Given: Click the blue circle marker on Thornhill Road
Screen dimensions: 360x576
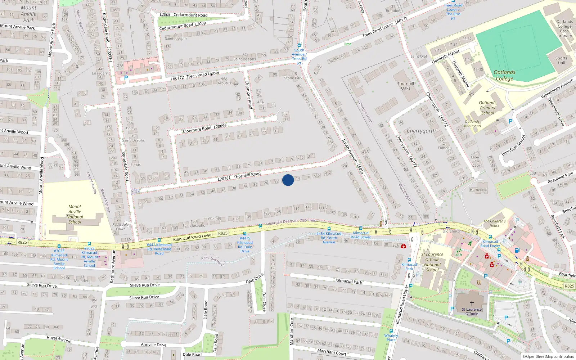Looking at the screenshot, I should pyautogui.click(x=288, y=180).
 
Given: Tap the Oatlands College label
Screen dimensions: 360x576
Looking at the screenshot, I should pyautogui.click(x=504, y=75).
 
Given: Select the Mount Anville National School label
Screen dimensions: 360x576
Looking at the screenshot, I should pyautogui.click(x=75, y=214).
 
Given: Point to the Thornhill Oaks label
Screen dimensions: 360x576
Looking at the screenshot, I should pyautogui.click(x=406, y=86).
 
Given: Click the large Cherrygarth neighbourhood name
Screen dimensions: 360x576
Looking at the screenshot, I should pyautogui.click(x=421, y=131).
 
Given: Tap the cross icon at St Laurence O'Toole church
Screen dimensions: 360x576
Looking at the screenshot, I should pyautogui.click(x=472, y=303).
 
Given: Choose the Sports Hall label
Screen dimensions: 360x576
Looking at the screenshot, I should pyautogui.click(x=561, y=60).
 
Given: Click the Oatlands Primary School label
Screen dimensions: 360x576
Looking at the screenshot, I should pyautogui.click(x=487, y=108).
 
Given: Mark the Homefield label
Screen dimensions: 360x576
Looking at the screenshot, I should pyautogui.click(x=478, y=190).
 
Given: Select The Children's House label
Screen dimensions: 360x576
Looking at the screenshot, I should pyautogui.click(x=494, y=223).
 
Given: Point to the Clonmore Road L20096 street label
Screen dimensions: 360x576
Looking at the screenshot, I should pyautogui.click(x=204, y=129).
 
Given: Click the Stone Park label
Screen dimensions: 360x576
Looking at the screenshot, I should pyautogui.click(x=293, y=78).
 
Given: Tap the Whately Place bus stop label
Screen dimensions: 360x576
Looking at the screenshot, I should pyautogui.click(x=391, y=337).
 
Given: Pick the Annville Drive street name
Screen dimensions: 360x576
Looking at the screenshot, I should pyautogui.click(x=154, y=345).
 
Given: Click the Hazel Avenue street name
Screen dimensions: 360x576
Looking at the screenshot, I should pyautogui.click(x=59, y=339).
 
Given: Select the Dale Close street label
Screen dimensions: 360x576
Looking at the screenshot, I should pyautogui.click(x=264, y=302).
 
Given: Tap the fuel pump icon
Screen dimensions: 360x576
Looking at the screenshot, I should pyautogui.click(x=517, y=251).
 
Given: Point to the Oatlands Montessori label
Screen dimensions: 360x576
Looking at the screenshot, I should pyautogui.click(x=472, y=123).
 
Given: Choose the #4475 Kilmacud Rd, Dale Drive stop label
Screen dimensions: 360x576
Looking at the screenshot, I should pyautogui.click(x=245, y=244).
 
